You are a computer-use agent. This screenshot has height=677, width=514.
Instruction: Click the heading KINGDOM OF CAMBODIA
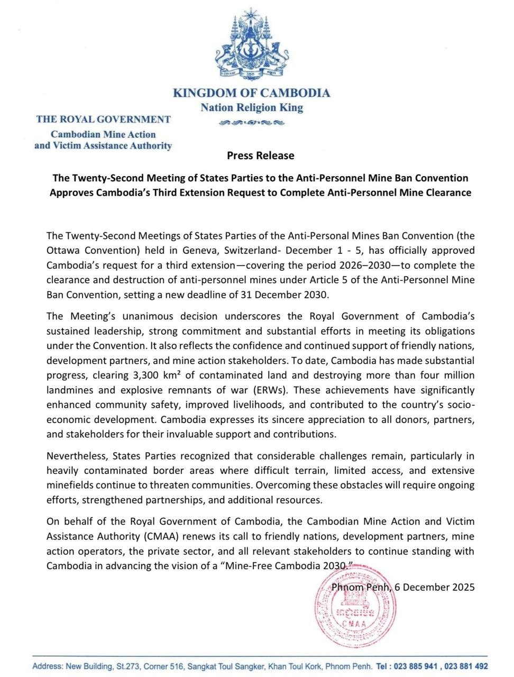[252, 93]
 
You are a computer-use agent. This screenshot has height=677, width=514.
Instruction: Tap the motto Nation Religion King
[252, 108]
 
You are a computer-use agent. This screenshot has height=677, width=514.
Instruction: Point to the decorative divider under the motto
[252, 123]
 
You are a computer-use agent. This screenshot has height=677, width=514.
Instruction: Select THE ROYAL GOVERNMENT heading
[103, 120]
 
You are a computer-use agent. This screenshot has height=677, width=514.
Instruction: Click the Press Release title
[260, 155]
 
